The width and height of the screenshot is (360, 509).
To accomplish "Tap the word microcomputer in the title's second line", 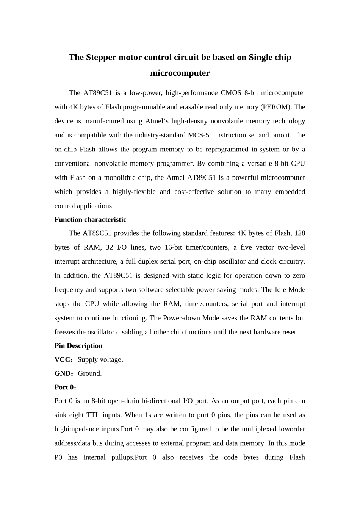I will (x=180, y=73).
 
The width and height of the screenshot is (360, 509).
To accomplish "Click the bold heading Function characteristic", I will (x=90, y=220).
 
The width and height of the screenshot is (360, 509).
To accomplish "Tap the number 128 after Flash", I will (x=299, y=233).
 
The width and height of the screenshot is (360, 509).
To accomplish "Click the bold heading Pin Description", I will (x=78, y=346).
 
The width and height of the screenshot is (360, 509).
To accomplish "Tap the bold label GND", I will (x=63, y=373).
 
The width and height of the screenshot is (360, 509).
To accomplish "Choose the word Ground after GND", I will (x=89, y=373).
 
